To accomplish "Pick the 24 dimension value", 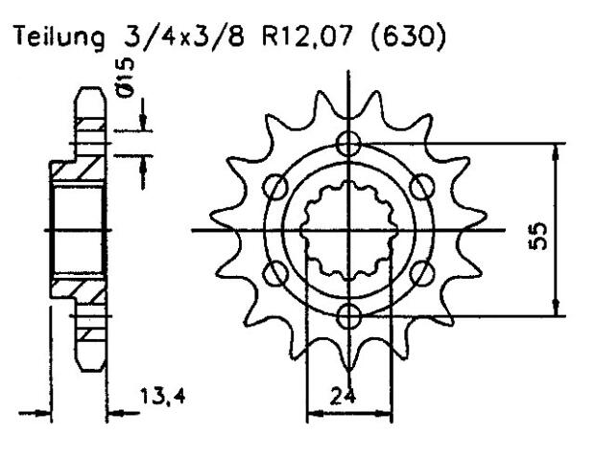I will pos(349,392).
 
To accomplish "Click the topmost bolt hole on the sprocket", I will pos(349,145).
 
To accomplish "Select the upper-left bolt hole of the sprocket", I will pos(275,187).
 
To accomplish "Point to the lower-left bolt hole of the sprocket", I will pos(275,271).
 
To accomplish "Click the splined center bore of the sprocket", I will pos(349,230).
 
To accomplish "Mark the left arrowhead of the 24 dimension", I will pos(311,415).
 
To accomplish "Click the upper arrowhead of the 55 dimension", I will pos(555,149).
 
